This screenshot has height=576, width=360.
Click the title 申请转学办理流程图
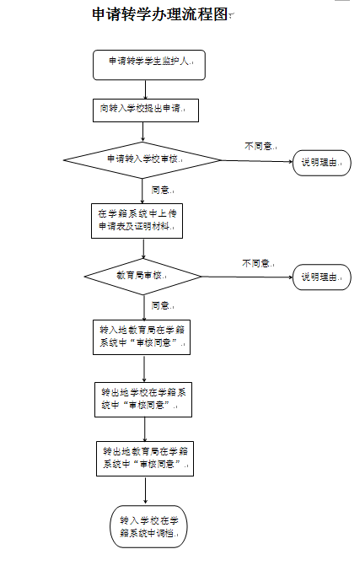click(x=160, y=14)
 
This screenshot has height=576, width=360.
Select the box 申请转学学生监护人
click(x=149, y=65)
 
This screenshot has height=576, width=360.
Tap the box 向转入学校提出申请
click(x=146, y=110)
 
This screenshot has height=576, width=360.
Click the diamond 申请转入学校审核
click(x=142, y=160)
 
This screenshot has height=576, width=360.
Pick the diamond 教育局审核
click(x=142, y=277)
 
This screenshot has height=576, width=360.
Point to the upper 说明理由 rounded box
click(x=322, y=163)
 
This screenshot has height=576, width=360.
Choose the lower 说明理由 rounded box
click(x=322, y=277)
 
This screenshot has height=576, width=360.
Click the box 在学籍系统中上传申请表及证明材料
click(x=137, y=221)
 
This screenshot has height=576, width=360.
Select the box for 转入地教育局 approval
click(x=142, y=337)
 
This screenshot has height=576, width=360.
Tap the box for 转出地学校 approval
click(x=143, y=400)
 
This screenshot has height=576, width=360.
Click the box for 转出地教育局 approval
click(x=145, y=459)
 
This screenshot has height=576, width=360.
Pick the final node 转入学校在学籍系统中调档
click(x=148, y=526)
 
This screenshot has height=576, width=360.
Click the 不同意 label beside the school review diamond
click(x=260, y=146)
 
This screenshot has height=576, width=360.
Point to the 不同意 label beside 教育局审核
click(x=257, y=263)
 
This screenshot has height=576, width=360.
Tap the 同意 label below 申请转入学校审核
click(x=162, y=191)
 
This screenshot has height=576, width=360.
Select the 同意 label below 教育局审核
click(x=162, y=305)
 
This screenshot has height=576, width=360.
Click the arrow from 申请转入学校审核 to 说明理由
click(x=257, y=161)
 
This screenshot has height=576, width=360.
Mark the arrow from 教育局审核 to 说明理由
click(x=247, y=277)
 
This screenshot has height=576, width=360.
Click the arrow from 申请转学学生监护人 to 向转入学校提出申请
click(x=146, y=89)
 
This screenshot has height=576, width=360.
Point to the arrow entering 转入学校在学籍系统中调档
click(x=146, y=490)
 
